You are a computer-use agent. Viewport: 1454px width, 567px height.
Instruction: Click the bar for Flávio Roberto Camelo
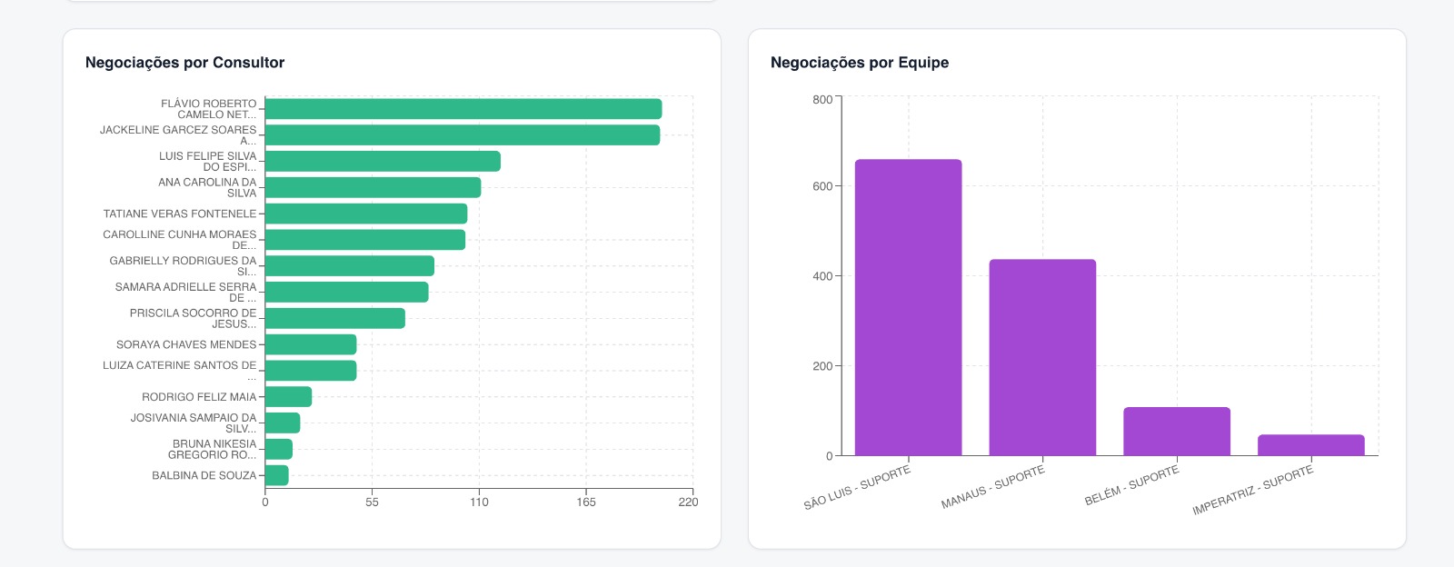tap(463, 109)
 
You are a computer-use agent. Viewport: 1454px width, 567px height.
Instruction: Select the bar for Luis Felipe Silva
tap(383, 162)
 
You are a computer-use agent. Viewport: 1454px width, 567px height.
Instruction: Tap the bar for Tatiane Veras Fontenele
tap(366, 214)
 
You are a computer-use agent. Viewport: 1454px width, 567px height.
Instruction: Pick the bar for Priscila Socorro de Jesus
tap(334, 318)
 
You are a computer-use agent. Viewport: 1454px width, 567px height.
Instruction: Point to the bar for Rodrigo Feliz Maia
tap(288, 397)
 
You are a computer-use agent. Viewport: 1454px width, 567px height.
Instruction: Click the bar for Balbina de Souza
tap(276, 475)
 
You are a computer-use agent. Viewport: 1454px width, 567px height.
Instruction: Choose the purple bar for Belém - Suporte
tap(1177, 432)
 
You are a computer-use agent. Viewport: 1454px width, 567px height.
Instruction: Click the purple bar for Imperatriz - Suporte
tap(1311, 445)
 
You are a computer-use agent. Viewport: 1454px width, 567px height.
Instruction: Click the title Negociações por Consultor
tap(184, 63)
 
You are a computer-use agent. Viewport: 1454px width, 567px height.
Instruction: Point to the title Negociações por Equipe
tap(860, 63)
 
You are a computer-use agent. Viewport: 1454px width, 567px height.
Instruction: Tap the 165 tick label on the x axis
tap(586, 502)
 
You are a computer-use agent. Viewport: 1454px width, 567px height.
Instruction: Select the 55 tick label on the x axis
tap(372, 502)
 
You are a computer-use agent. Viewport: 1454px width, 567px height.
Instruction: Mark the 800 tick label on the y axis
tap(822, 100)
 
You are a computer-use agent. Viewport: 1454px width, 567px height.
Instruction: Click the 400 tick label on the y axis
tap(822, 276)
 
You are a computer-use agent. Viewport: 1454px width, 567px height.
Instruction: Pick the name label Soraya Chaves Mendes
tap(186, 344)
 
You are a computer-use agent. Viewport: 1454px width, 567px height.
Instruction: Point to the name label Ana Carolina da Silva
tap(207, 187)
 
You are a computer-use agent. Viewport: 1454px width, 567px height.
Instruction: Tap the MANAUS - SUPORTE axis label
tap(993, 488)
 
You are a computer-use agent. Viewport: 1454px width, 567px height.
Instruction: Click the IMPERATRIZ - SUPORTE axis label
tap(1253, 491)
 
